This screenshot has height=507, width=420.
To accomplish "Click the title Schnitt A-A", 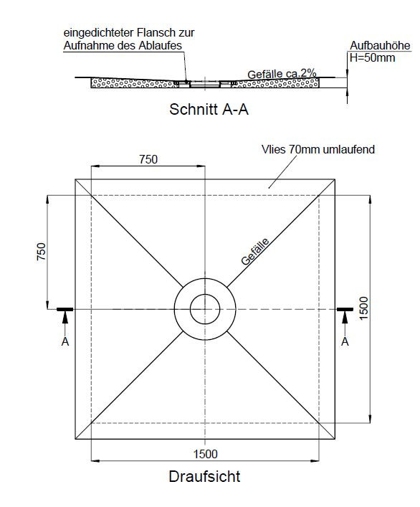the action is [x=209, y=109].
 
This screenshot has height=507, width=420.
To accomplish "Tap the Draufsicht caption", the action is [x=204, y=476].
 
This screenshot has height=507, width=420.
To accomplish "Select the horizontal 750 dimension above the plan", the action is [x=148, y=159].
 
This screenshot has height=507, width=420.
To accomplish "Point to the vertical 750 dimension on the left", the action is [x=42, y=252].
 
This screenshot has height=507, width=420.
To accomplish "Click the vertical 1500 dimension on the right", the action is [x=364, y=308].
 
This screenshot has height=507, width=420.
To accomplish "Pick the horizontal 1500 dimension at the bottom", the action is [x=206, y=454].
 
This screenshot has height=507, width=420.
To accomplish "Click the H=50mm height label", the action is [x=373, y=57].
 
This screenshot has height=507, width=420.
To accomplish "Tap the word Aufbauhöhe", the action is [x=380, y=45].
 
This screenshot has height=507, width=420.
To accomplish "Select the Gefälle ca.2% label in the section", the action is [x=282, y=74].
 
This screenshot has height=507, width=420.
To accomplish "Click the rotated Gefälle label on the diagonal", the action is [x=255, y=252].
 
